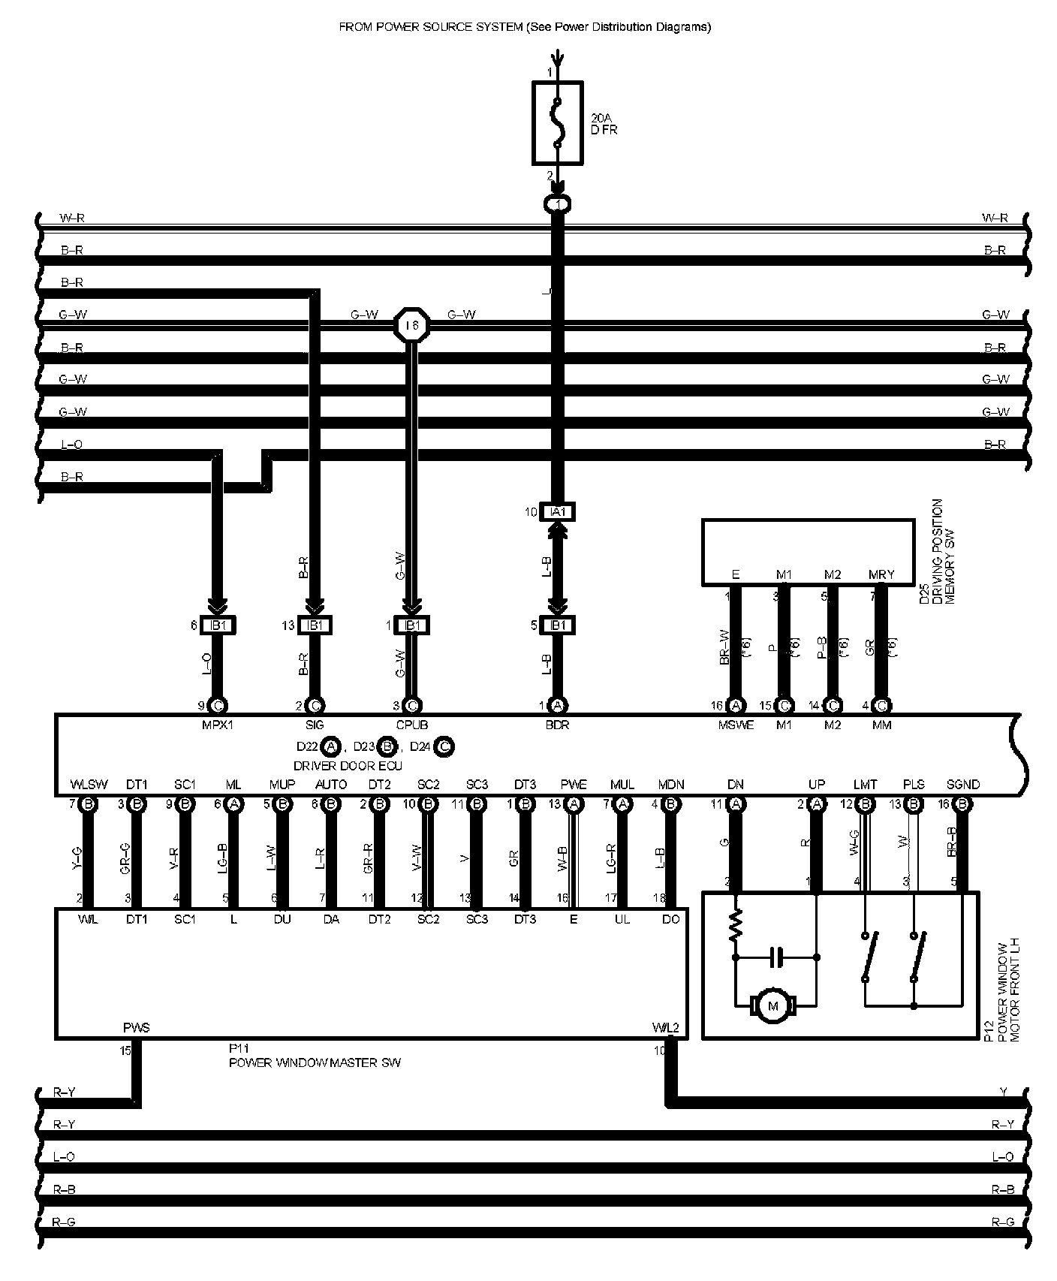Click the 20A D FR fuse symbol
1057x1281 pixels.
point(556,122)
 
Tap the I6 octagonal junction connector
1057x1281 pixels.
point(411,325)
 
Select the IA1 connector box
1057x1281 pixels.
point(556,512)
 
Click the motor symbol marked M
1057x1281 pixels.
point(769,1005)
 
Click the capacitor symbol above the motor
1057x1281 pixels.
point(776,957)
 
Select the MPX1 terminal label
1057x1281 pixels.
point(218,725)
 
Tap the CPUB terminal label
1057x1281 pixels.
point(411,725)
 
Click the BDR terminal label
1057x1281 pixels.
point(557,725)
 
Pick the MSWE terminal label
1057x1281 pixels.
point(736,725)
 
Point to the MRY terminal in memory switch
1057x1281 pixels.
point(881,575)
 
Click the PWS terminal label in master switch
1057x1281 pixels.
point(137,1028)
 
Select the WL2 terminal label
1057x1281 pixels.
point(666,1028)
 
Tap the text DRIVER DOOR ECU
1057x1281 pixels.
point(348,766)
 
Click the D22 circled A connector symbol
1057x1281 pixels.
point(330,747)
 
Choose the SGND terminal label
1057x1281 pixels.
point(962,785)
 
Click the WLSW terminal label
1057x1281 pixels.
point(89,785)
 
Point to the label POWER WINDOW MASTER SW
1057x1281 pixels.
point(315,1062)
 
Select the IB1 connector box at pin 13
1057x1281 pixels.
point(315,625)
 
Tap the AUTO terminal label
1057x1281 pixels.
point(331,785)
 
